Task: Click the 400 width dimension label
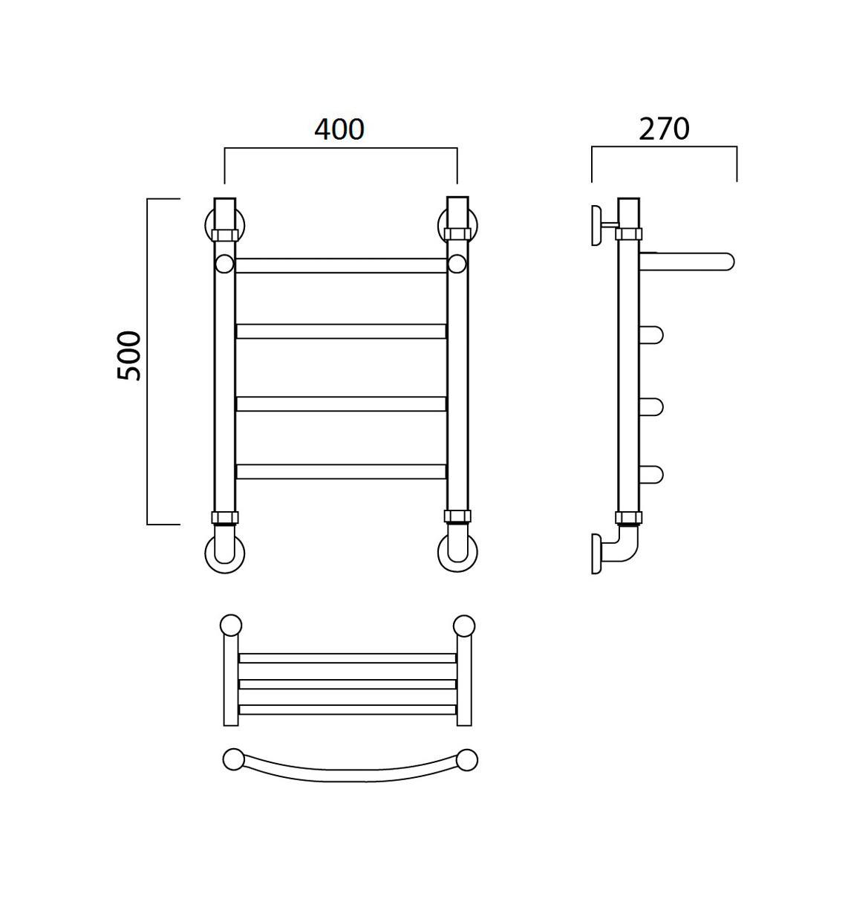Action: (x=339, y=129)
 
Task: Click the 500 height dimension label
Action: (x=129, y=356)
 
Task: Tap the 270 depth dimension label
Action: (x=664, y=129)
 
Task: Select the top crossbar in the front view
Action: (x=341, y=266)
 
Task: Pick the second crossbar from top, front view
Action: (x=341, y=331)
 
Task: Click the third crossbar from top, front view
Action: (x=341, y=403)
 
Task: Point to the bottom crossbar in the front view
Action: (x=341, y=472)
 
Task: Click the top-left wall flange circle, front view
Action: (x=207, y=225)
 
